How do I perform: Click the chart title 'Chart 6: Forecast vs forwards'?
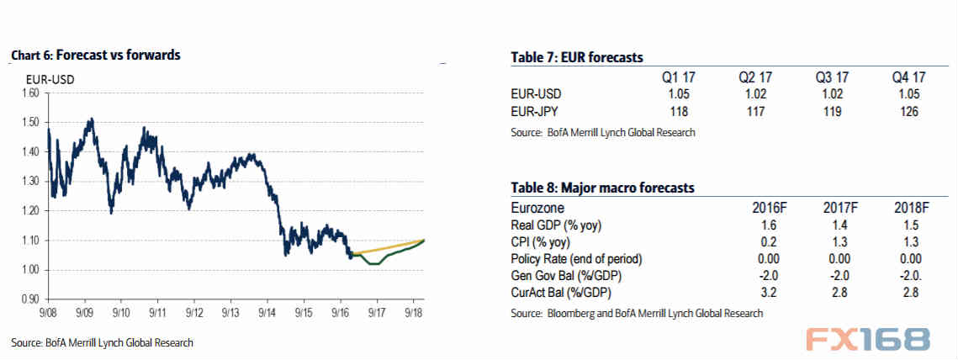(x=96, y=55)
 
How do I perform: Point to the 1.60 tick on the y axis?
(x=30, y=93)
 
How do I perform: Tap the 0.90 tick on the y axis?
(x=30, y=299)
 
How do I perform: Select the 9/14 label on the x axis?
(x=267, y=312)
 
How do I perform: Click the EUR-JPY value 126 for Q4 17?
(x=908, y=112)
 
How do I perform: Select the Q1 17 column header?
(x=677, y=77)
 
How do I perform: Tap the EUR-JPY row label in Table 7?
(x=535, y=112)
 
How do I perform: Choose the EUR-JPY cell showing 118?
(x=678, y=112)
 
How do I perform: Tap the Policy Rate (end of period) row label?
(x=576, y=258)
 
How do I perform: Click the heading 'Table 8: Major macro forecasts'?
(x=602, y=188)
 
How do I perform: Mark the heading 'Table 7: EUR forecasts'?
(x=577, y=57)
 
